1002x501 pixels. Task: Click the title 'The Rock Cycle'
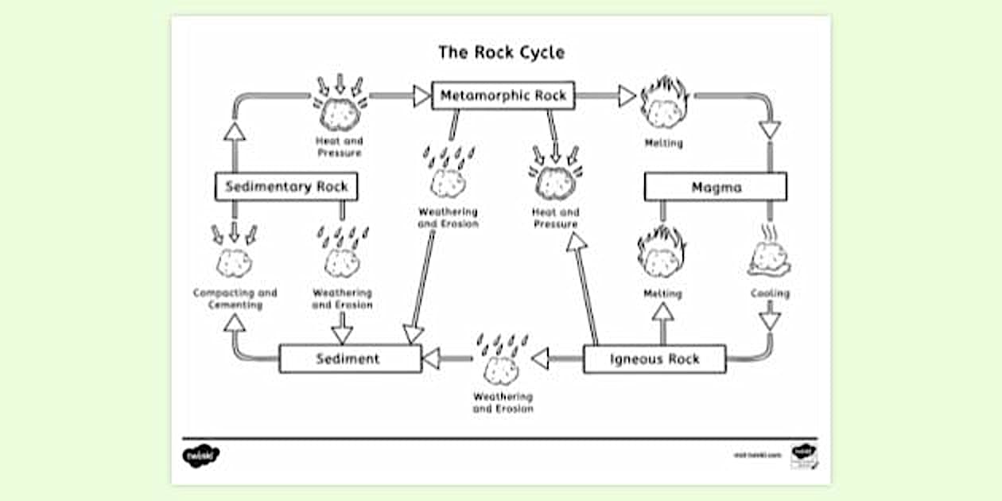point(501,52)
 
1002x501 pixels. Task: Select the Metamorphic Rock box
point(503,95)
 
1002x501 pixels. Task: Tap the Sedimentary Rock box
point(286,187)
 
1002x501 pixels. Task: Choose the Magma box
point(715,188)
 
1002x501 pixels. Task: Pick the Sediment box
point(349,359)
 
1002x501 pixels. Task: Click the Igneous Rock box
point(654,359)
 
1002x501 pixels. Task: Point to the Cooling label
point(770,293)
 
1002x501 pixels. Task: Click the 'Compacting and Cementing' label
point(235,299)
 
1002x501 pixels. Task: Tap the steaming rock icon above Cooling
point(769,253)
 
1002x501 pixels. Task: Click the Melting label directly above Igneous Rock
point(662,293)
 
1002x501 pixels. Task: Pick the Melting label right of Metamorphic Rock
point(662,143)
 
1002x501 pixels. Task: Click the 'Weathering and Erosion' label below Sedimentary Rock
point(342,299)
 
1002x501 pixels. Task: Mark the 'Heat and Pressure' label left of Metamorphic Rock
point(340,147)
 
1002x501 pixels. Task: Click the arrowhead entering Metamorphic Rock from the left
point(421,96)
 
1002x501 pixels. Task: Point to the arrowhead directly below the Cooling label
point(769,320)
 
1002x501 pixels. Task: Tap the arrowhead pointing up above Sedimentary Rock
point(234,131)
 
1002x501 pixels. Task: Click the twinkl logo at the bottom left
point(200,456)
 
